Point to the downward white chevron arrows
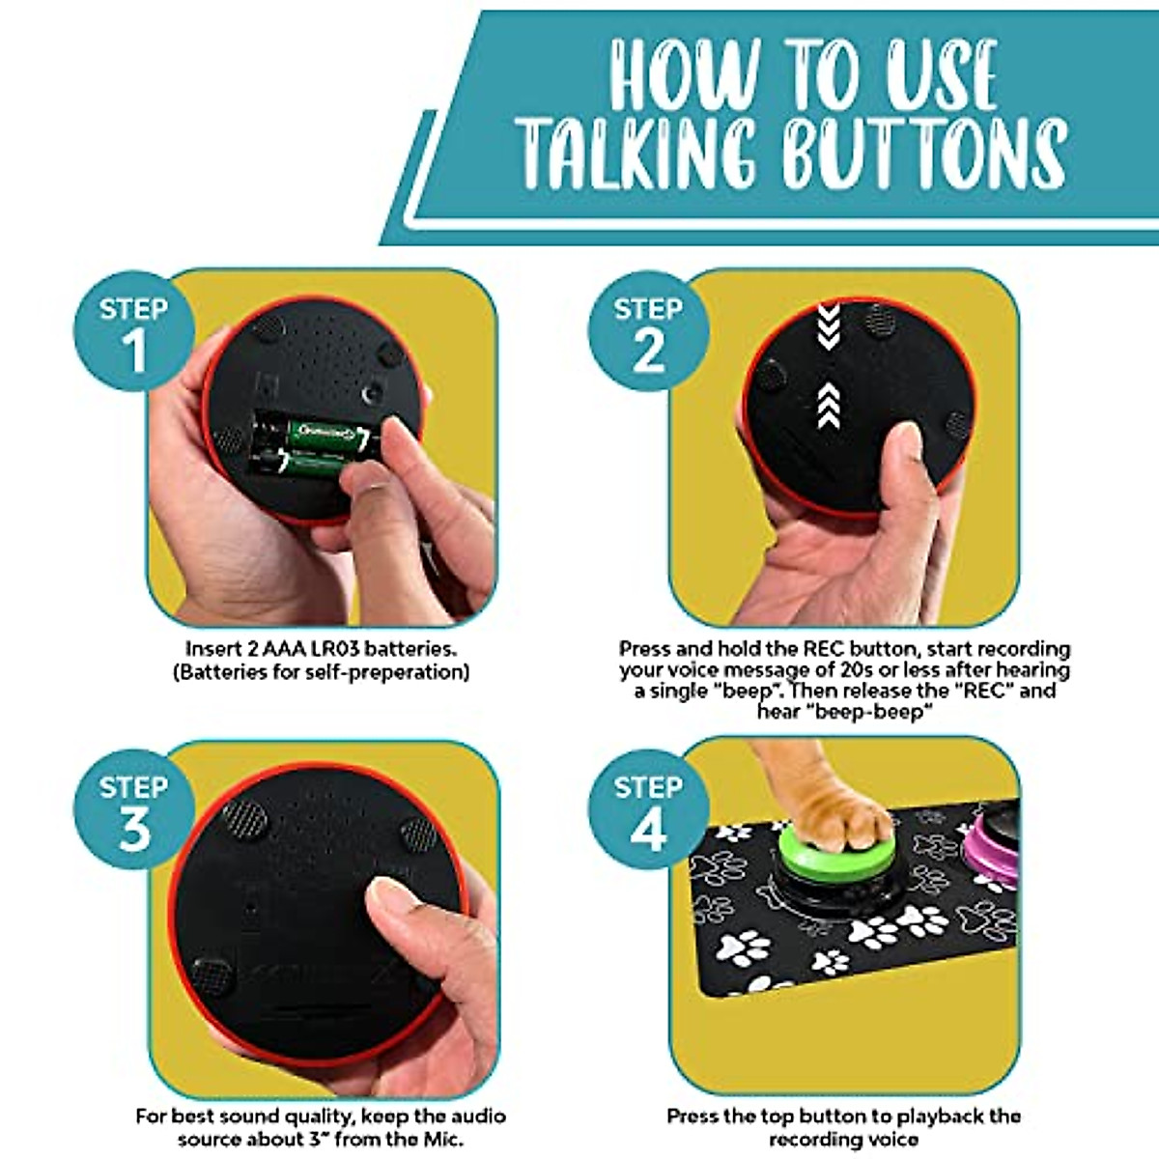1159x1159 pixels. pos(829,326)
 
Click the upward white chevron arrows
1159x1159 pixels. pos(829,404)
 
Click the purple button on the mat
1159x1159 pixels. pos(995,850)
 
